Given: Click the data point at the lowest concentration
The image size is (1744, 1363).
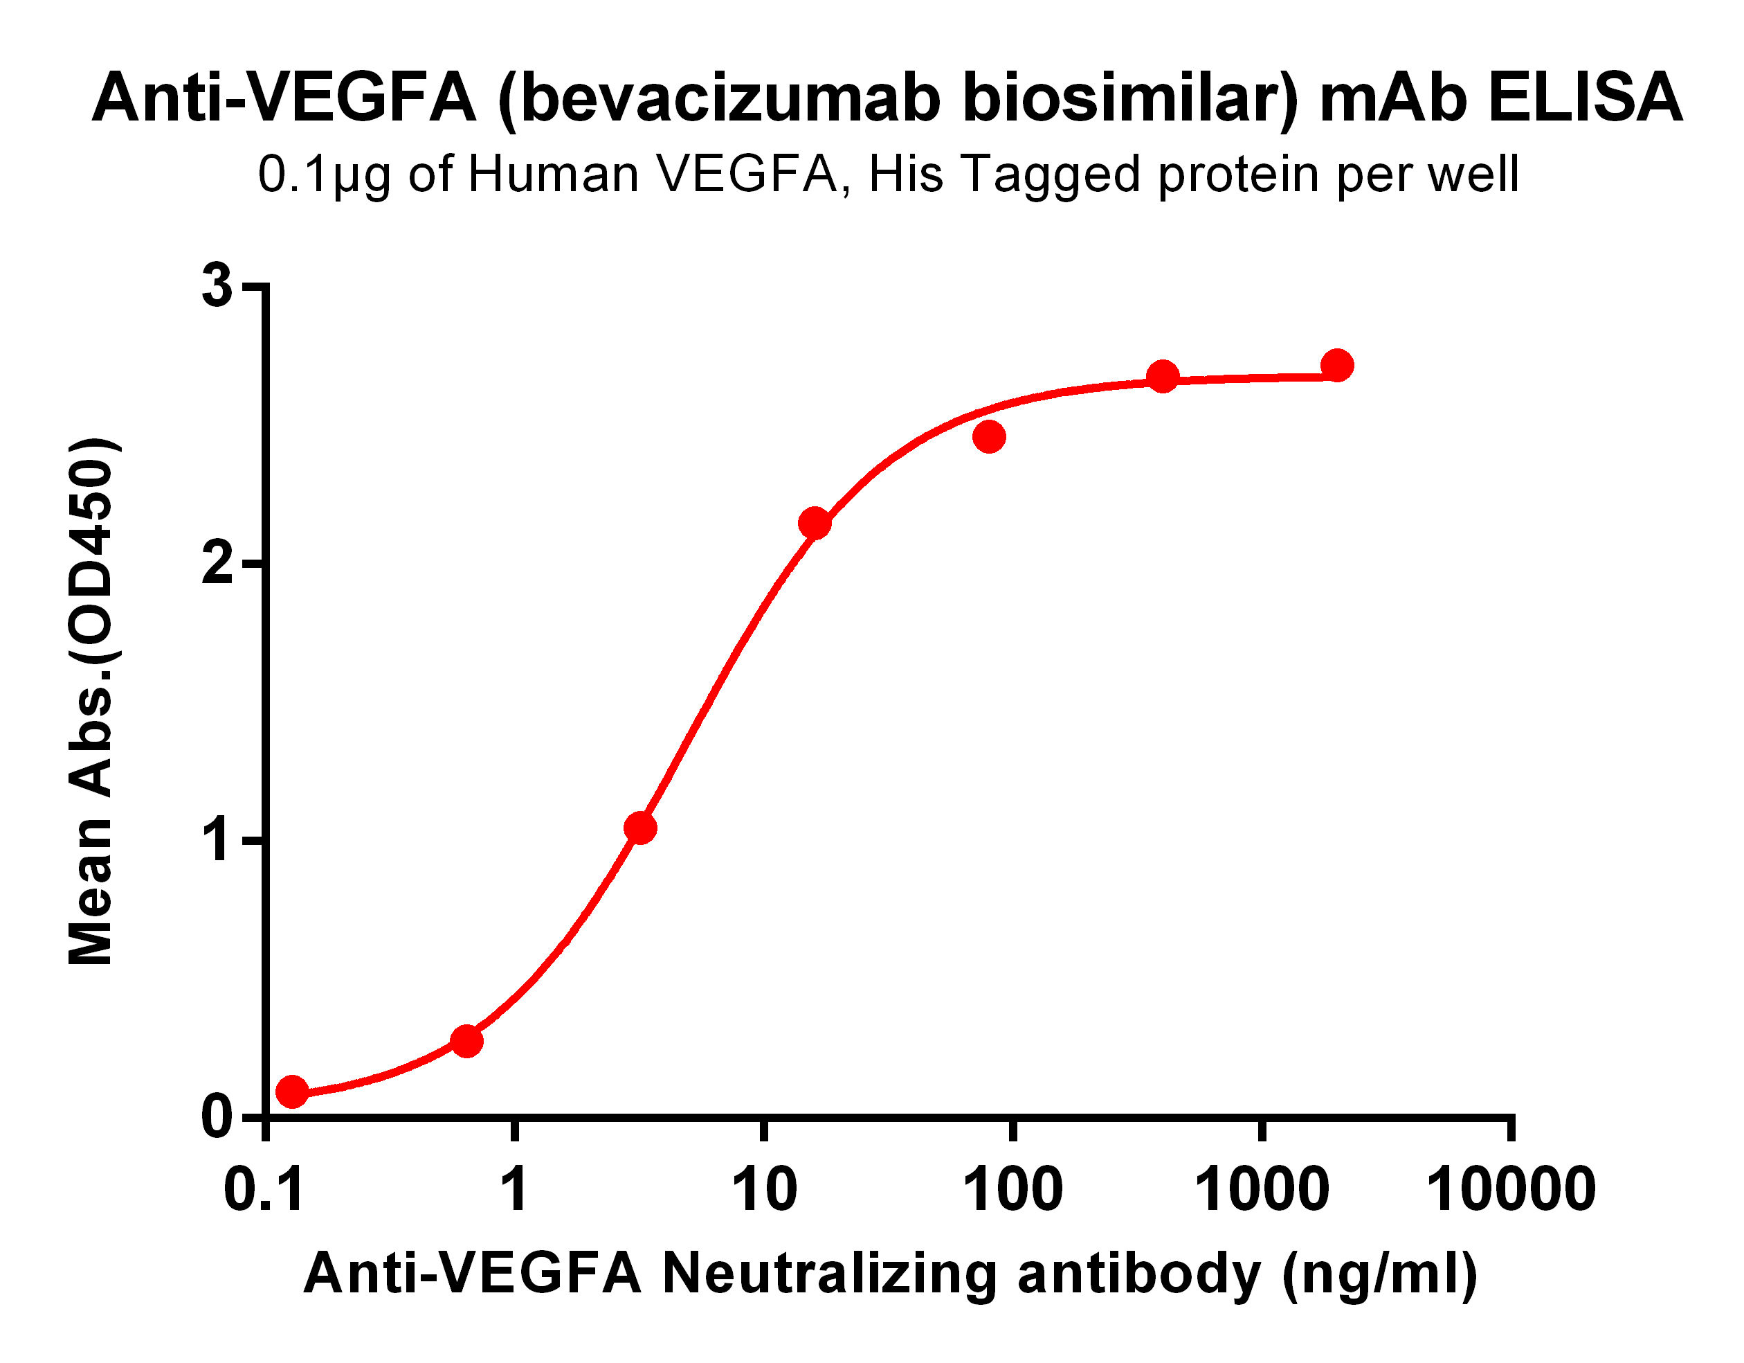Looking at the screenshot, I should [292, 1091].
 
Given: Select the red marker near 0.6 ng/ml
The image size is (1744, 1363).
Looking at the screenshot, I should [467, 1041].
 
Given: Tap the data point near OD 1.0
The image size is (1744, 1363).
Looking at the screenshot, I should [640, 828].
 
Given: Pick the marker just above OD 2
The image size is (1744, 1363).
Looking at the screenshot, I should [815, 524].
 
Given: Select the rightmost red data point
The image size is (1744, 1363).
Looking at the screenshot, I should [1338, 365].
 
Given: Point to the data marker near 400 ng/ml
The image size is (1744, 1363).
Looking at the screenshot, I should [1163, 375].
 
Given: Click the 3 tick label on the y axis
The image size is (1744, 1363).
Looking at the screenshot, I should [217, 285].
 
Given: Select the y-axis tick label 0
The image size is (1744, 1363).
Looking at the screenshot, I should [217, 1117].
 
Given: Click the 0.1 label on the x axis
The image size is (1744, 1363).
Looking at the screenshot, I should [264, 1191].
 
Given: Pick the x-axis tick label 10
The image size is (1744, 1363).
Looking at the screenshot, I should [764, 1191].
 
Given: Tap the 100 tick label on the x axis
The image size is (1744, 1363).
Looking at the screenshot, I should [1012, 1191].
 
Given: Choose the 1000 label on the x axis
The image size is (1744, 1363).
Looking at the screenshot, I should [1261, 1191].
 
